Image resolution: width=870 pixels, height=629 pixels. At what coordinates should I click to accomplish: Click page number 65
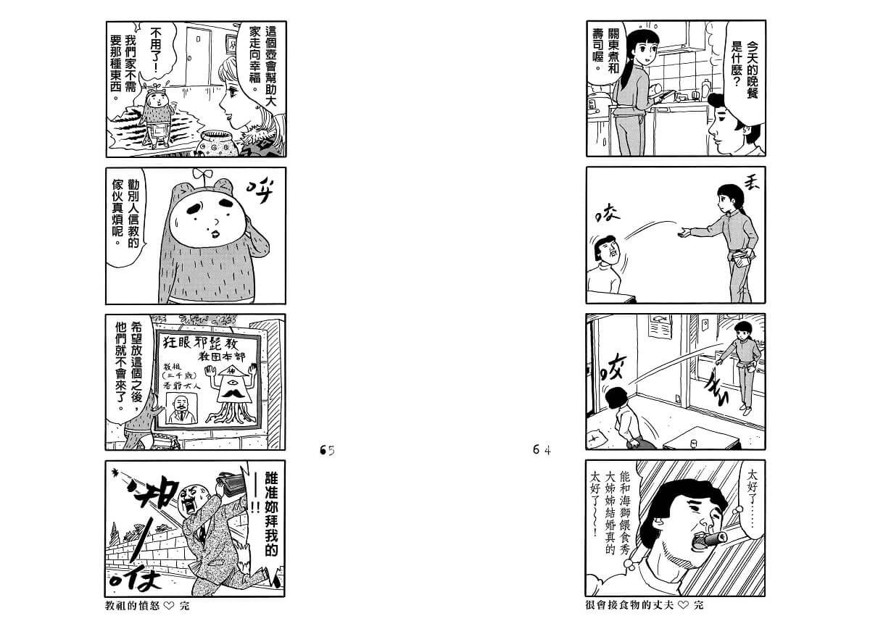[327, 450]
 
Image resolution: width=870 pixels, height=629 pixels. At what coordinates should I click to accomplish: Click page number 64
[542, 449]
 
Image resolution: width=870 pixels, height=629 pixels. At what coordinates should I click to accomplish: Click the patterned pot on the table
[216, 143]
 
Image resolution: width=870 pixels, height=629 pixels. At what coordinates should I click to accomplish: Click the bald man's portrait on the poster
[181, 408]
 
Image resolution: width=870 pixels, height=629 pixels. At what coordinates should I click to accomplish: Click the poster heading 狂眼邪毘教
[200, 343]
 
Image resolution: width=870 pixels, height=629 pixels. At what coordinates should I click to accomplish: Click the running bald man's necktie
[202, 535]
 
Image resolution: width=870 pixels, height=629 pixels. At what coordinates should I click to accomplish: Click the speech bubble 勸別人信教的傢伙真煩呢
[126, 217]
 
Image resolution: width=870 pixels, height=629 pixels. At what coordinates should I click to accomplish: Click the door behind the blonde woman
[198, 57]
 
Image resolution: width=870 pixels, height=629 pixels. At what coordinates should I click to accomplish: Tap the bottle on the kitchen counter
[705, 89]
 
